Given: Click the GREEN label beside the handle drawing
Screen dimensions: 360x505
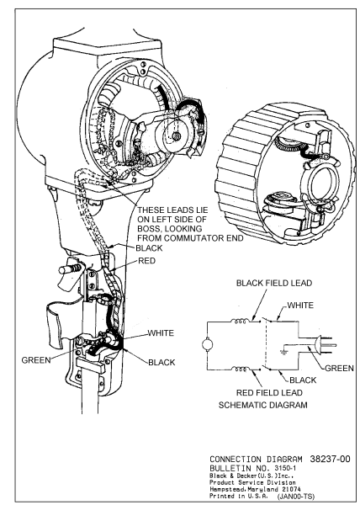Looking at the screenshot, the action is pyautogui.click(x=36, y=360).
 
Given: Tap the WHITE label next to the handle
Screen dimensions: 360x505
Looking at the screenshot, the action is pyautogui.click(x=161, y=333).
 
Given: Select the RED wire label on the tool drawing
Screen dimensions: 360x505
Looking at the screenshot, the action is pyautogui.click(x=146, y=261).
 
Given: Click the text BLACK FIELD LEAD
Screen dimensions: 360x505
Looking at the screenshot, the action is pyautogui.click(x=274, y=283).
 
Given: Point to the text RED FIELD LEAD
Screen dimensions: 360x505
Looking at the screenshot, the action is pyautogui.click(x=269, y=392).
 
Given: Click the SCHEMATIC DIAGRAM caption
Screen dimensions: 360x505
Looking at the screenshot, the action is pyautogui.click(x=262, y=405).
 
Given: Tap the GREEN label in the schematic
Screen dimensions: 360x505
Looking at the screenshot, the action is pyautogui.click(x=339, y=368).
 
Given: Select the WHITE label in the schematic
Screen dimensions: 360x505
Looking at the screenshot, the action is pyautogui.click(x=300, y=305).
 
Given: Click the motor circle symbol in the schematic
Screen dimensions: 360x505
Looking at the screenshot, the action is pyautogui.click(x=207, y=344).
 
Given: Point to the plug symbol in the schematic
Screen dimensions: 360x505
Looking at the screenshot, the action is pyautogui.click(x=325, y=345).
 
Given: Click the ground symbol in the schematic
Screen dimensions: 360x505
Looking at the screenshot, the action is pyautogui.click(x=283, y=352).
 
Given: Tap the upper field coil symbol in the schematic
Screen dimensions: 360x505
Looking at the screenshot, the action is pyautogui.click(x=240, y=321).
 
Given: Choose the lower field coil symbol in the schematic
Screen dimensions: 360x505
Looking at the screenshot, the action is pyautogui.click(x=240, y=369).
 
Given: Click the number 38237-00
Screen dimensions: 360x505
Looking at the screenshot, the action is pyautogui.click(x=330, y=459).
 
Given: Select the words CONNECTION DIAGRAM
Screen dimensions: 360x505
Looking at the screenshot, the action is pyautogui.click(x=256, y=460).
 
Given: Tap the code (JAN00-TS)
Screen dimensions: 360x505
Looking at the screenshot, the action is pyautogui.click(x=296, y=497).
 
